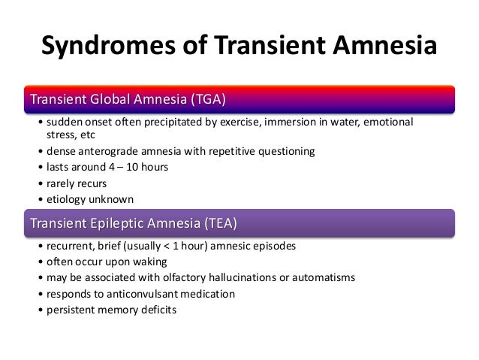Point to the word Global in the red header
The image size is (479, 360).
click(x=110, y=100)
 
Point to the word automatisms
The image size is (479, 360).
click(x=323, y=277)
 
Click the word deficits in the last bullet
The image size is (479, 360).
click(x=155, y=309)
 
